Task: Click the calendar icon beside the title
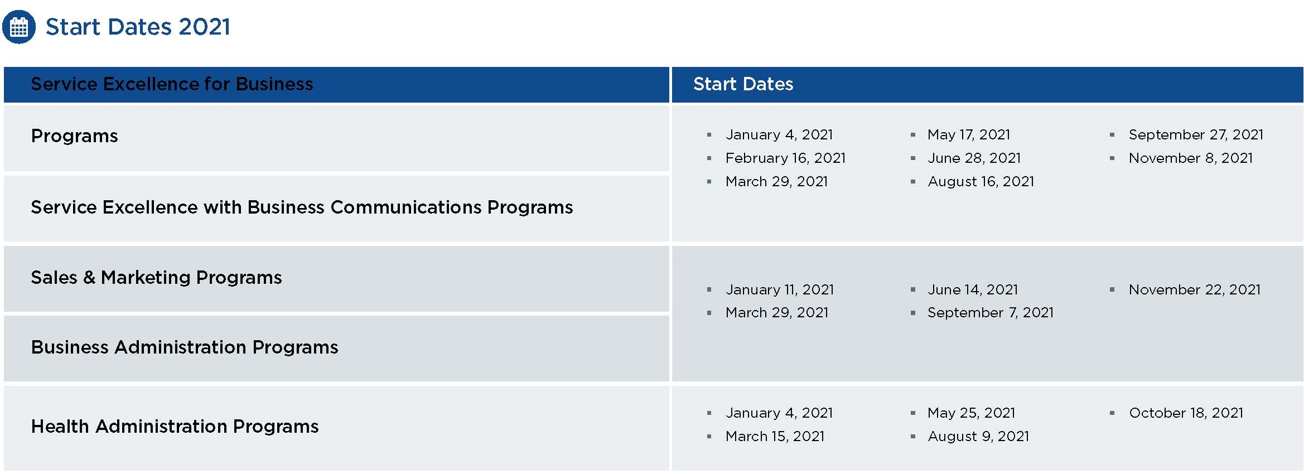pyautogui.click(x=19, y=27)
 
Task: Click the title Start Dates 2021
pyautogui.click(x=137, y=27)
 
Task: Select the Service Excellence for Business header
pyautogui.click(x=172, y=84)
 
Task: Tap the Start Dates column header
pyautogui.click(x=743, y=84)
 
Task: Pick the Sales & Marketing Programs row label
pyautogui.click(x=156, y=277)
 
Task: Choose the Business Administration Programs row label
pyautogui.click(x=185, y=347)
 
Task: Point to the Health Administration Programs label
pyautogui.click(x=175, y=426)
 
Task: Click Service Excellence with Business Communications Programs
pyautogui.click(x=302, y=207)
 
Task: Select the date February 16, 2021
pyautogui.click(x=785, y=158)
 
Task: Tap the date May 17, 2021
pyautogui.click(x=969, y=135)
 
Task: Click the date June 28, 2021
pyautogui.click(x=974, y=158)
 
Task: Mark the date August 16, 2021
pyautogui.click(x=981, y=182)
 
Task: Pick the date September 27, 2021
pyautogui.click(x=1196, y=135)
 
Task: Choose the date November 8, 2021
pyautogui.click(x=1191, y=158)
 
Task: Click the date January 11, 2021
pyautogui.click(x=780, y=290)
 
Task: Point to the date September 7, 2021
pyautogui.click(x=991, y=313)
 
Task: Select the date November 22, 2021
pyautogui.click(x=1195, y=290)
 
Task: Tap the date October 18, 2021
pyautogui.click(x=1186, y=413)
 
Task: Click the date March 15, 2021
pyautogui.click(x=775, y=437)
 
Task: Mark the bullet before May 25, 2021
pyautogui.click(x=913, y=413)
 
